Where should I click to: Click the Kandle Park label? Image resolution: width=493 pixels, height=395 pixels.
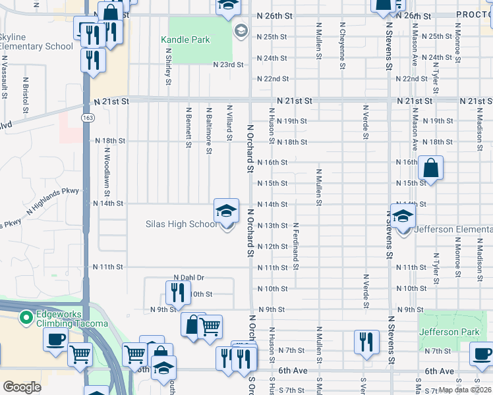(185, 39)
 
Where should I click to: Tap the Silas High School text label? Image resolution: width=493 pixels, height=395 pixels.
(181, 224)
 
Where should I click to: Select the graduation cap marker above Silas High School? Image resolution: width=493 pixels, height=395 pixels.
(226, 211)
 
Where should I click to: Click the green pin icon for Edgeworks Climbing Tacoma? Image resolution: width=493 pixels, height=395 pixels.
(26, 318)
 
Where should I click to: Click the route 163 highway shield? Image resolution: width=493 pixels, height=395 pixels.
(87, 117)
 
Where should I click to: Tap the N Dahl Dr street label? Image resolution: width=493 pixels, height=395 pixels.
(189, 278)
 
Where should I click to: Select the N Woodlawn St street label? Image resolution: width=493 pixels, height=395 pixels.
(106, 166)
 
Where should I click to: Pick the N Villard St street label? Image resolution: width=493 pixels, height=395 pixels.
(229, 123)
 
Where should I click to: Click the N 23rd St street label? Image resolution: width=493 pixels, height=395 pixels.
(228, 65)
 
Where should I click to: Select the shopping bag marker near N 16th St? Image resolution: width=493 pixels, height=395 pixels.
(430, 168)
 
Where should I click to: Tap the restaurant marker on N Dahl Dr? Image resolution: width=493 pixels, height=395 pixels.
(176, 290)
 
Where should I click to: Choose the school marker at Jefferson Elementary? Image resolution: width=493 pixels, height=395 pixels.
(402, 215)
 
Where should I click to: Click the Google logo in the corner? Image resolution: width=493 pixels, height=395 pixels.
(22, 387)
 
